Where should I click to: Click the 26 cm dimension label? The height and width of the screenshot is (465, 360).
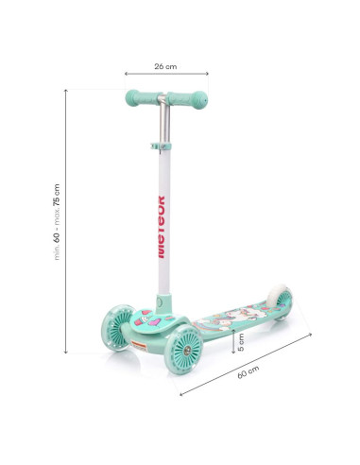(165, 66)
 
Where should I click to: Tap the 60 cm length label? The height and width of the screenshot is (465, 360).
(249, 372)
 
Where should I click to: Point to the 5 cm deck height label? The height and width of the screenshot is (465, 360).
(241, 342)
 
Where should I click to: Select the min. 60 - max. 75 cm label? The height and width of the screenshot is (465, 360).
(57, 222)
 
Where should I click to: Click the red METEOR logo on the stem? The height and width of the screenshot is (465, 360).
(161, 227)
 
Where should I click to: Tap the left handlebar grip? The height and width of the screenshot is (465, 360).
(142, 98)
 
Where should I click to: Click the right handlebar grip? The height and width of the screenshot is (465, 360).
(188, 99)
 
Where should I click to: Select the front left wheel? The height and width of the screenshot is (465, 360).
(117, 328)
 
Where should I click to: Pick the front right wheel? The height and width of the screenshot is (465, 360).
(183, 350)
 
